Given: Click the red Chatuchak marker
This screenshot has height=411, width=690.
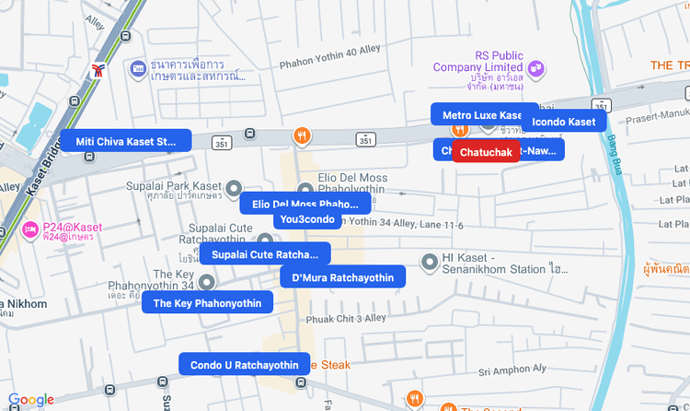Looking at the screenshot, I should [486, 151].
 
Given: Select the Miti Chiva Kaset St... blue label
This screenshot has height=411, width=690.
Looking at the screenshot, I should [126, 141].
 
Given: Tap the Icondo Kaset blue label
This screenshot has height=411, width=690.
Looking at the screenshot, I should [564, 122].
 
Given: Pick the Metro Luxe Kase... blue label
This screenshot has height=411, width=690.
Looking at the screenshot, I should [484, 114].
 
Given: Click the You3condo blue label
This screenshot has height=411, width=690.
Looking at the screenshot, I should [308, 219].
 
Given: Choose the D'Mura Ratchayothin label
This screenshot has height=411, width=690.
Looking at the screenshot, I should [342, 277].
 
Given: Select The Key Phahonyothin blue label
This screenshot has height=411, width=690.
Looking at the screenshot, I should [207, 303].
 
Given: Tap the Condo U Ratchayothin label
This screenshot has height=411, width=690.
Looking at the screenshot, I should [245, 365].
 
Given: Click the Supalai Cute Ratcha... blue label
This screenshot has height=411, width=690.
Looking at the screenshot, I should [265, 254].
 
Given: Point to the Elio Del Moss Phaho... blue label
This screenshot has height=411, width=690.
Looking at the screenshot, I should [305, 204].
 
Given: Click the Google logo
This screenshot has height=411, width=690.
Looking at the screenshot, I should [31, 399].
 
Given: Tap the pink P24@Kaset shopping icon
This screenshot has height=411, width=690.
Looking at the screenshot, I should [31, 228].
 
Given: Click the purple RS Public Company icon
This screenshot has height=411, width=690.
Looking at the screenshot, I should [536, 67].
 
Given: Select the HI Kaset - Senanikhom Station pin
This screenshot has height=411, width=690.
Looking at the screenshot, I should [429, 263].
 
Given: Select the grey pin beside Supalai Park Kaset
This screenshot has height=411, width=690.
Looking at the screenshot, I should [234, 187].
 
